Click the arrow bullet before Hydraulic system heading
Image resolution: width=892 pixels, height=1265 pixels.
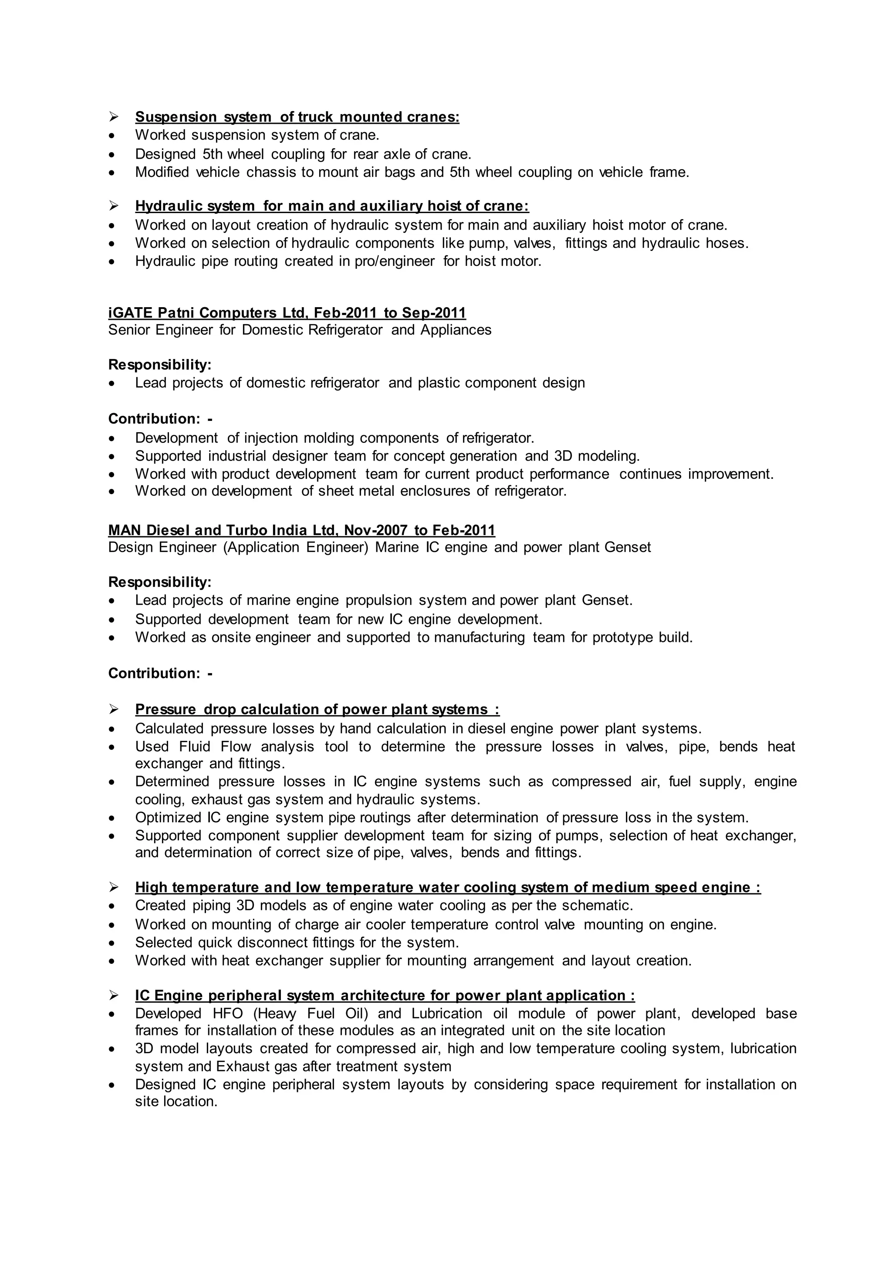tap(114, 206)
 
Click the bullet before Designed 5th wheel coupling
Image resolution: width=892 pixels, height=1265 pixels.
tap(112, 155)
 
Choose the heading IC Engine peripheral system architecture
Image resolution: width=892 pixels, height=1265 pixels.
tap(384, 996)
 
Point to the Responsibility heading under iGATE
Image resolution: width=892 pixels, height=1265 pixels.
tap(160, 365)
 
